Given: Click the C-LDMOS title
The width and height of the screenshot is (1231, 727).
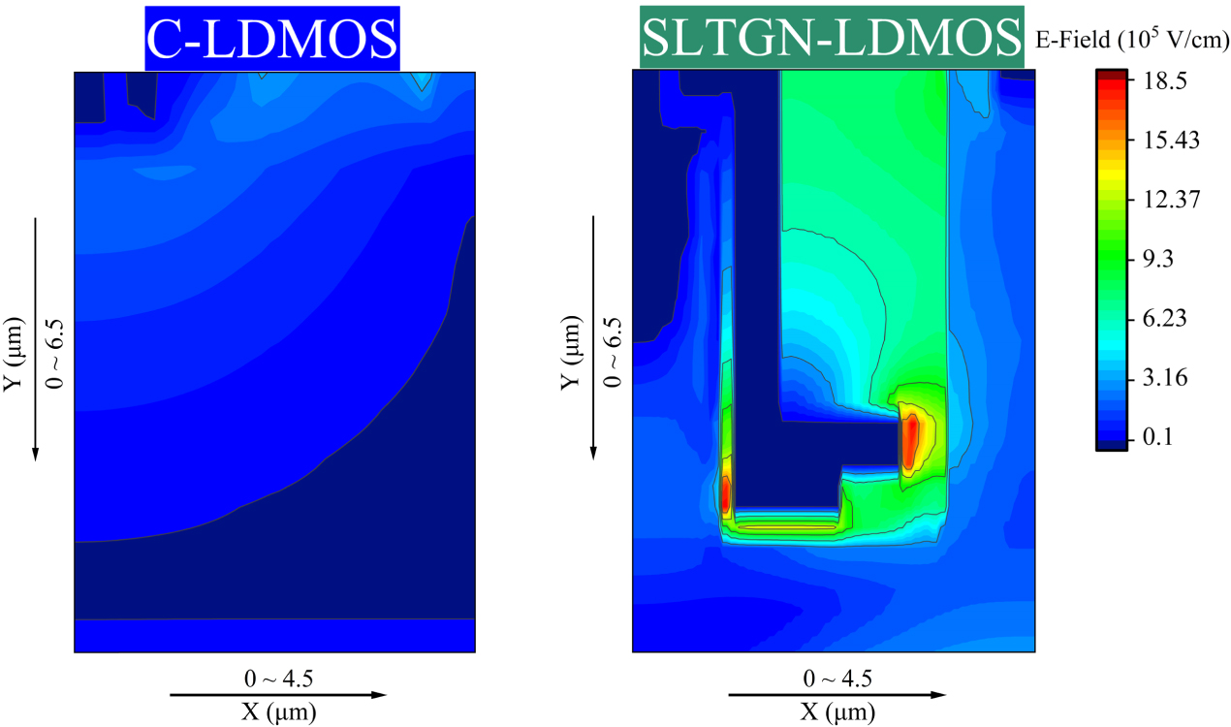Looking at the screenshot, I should click(272, 39).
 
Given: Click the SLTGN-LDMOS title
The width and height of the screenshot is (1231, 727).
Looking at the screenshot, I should click(832, 39).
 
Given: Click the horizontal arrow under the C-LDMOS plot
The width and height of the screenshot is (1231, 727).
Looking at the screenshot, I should click(278, 695).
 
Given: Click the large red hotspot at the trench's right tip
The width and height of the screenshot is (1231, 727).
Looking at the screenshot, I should click(909, 441).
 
